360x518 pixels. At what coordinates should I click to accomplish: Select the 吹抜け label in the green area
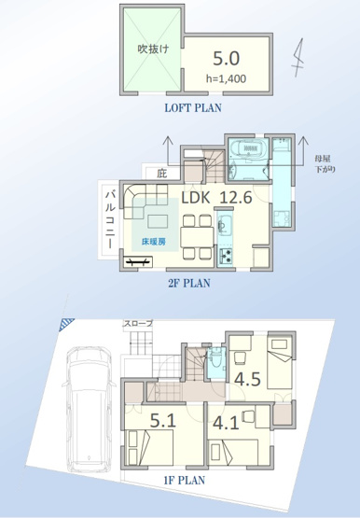click(x=153, y=49)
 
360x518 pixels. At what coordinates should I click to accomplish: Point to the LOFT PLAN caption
click(x=193, y=107)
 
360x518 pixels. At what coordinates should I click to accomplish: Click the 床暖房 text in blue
click(x=154, y=242)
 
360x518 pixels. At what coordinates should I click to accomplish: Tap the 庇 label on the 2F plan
click(x=162, y=173)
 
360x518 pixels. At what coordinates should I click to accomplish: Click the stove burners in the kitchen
click(x=225, y=254)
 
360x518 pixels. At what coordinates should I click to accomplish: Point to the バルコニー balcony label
click(x=111, y=217)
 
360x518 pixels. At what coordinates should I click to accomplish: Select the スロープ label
click(x=139, y=324)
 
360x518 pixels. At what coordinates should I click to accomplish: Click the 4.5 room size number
click(x=247, y=380)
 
